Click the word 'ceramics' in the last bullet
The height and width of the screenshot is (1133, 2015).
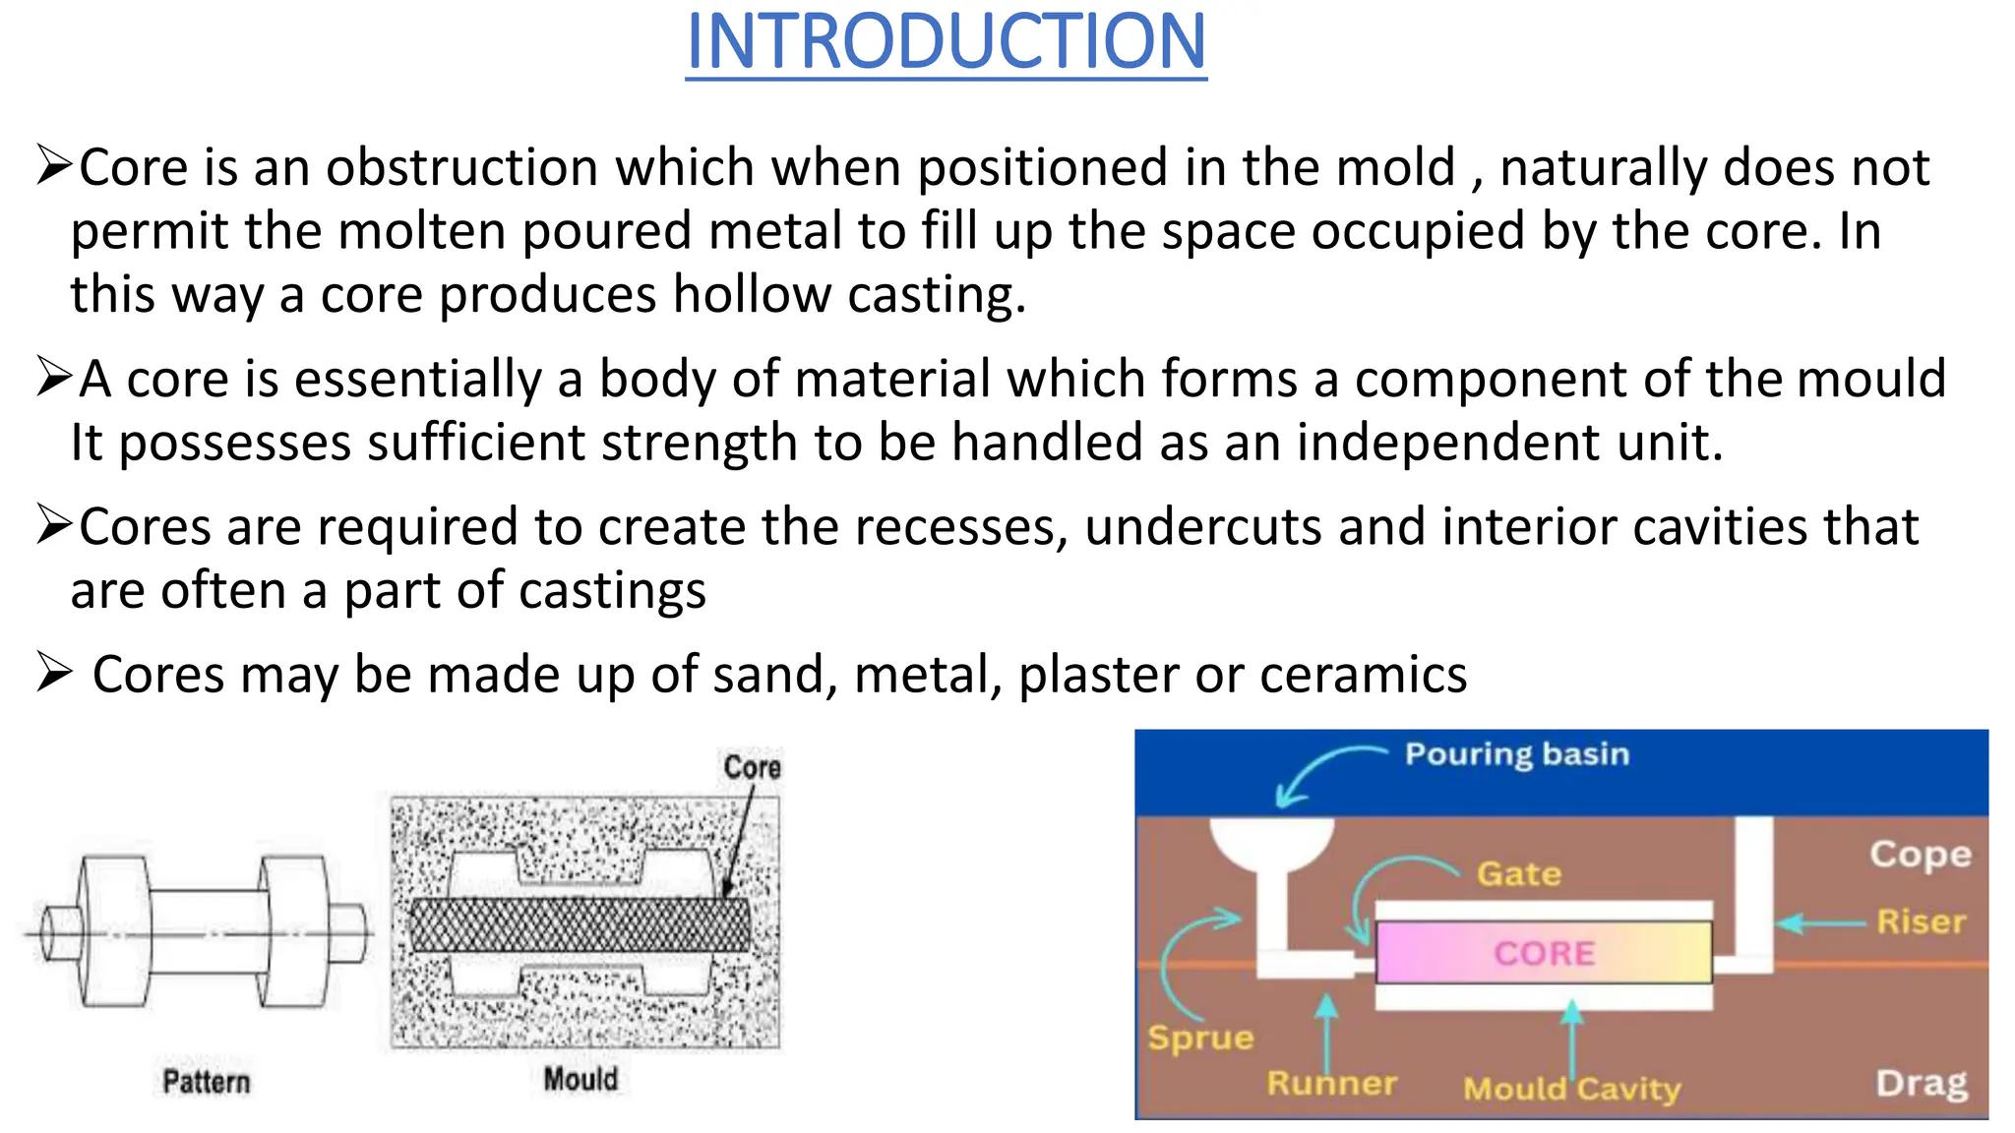[1363, 675]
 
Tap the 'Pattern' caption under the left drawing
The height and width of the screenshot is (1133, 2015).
[207, 1082]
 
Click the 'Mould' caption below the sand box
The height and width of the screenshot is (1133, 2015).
[580, 1079]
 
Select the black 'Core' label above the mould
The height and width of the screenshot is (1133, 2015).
[752, 767]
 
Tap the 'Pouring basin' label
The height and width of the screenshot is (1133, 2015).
[1516, 754]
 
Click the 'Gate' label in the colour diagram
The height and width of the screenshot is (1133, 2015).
[1518, 873]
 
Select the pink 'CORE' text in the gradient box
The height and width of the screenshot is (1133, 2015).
[1544, 953]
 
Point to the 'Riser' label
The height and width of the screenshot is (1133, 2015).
[1920, 922]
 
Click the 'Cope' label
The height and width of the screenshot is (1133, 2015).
[1920, 854]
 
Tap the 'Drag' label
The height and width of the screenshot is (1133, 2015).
[1921, 1083]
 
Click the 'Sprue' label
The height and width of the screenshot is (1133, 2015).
[1200, 1038]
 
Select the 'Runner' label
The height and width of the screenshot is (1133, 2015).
[1331, 1083]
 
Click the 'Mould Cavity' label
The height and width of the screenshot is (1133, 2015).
[1571, 1089]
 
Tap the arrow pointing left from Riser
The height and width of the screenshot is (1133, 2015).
[1820, 924]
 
